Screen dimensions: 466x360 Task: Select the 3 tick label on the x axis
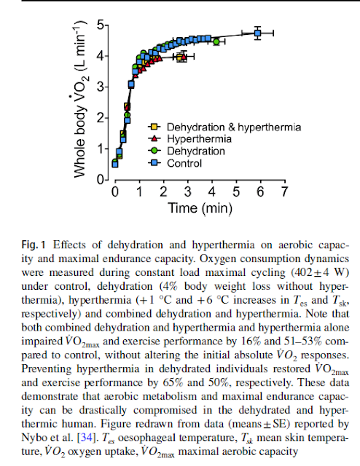coord(187,191)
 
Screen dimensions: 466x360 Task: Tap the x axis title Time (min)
coord(199,208)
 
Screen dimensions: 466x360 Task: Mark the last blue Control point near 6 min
coord(257,33)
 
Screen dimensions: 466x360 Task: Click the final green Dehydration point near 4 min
coord(216,42)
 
